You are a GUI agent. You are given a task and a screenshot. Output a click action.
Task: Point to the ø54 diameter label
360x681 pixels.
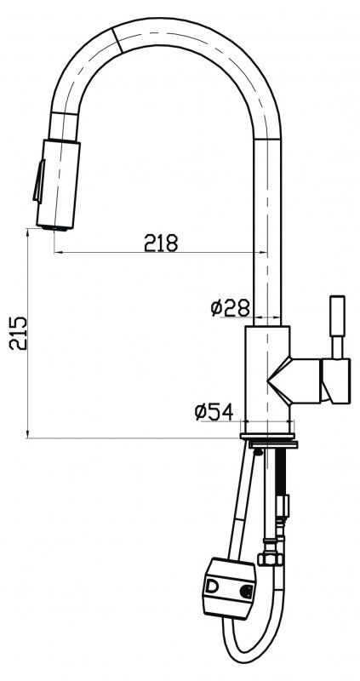(214, 412)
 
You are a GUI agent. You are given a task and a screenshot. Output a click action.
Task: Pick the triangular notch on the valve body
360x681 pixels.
(282, 378)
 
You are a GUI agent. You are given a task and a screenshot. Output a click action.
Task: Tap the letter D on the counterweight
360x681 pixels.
(211, 587)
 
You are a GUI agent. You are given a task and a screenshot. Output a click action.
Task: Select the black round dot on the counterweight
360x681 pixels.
(246, 589)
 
